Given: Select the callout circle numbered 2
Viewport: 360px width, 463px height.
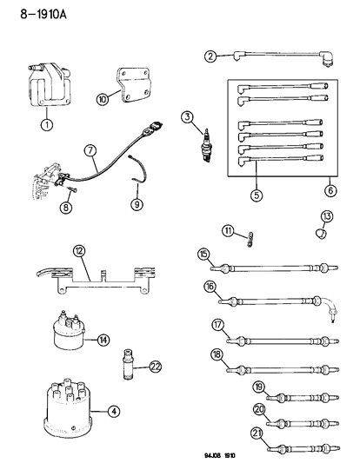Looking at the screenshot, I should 210,56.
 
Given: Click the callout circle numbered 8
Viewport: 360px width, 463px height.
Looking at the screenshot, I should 66,207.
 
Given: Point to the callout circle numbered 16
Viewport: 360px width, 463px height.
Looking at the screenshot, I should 210,287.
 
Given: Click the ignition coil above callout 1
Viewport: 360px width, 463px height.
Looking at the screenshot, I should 49,87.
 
